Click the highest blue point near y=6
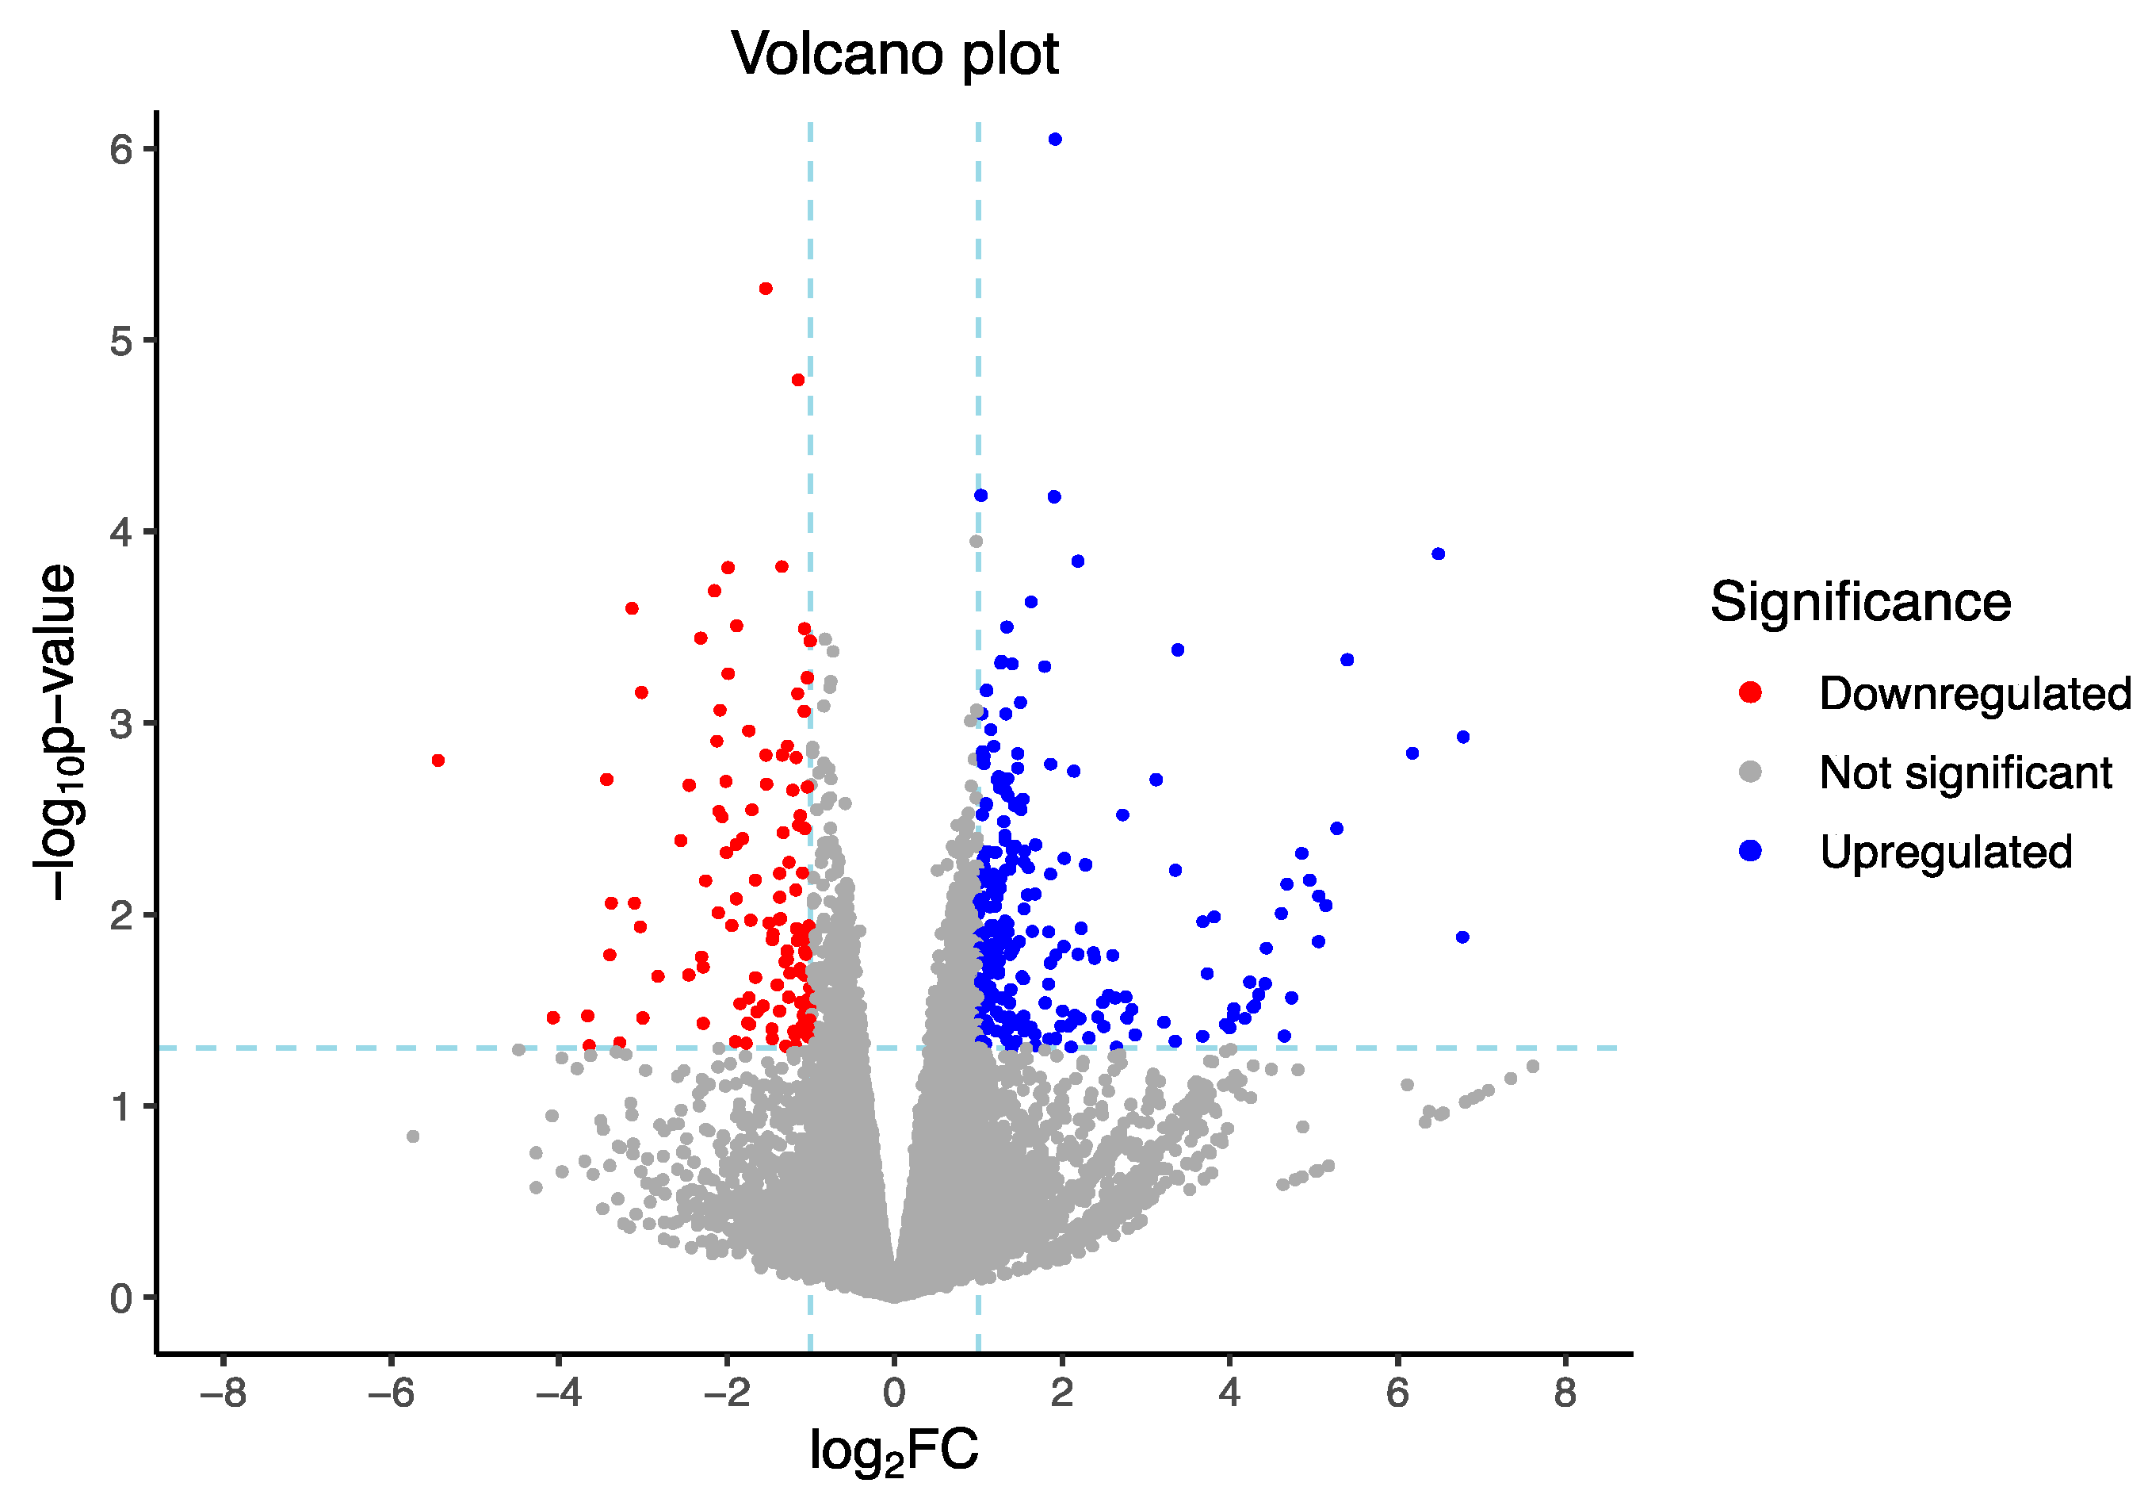[1055, 140]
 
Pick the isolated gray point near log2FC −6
[413, 1137]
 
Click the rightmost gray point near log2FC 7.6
[1532, 1067]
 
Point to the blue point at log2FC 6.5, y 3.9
[1439, 554]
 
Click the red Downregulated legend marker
[1750, 692]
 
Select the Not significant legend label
[1966, 773]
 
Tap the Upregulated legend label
[1946, 853]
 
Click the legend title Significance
[1859, 602]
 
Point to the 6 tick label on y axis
[120, 150]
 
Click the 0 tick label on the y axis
[120, 1299]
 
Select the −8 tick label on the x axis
[223, 1393]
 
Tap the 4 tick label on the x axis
[1229, 1393]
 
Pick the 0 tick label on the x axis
[893, 1393]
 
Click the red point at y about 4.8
[798, 380]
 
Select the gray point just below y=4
[976, 542]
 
